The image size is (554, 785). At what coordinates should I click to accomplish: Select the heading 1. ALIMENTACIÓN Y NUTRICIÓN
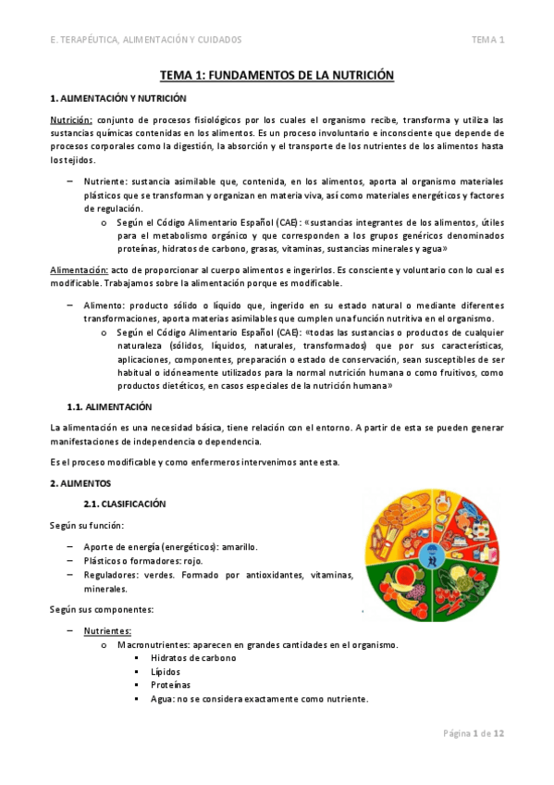coord(117,98)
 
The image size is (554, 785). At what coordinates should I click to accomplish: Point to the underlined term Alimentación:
coord(78,269)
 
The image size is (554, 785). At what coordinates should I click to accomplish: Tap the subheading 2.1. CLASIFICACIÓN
coord(124,504)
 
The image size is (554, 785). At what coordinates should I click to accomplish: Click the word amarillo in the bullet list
coord(238,546)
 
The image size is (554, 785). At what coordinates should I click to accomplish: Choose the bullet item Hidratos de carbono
coord(192,657)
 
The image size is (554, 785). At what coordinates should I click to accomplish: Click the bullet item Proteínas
coord(170,685)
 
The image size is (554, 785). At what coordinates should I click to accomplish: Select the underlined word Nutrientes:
coord(107,630)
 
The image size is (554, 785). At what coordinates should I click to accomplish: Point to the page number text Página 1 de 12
coord(474,733)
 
